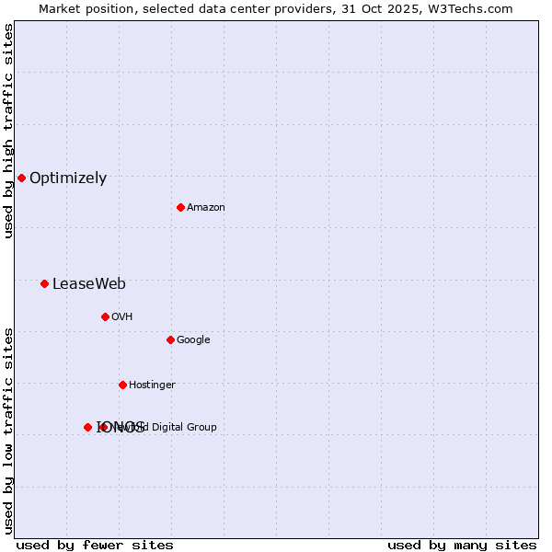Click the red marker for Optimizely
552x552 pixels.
point(21,178)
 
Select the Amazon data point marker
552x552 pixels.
point(180,207)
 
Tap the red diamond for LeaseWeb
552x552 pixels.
point(44,283)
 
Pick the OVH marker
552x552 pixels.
point(105,316)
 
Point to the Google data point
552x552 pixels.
point(170,339)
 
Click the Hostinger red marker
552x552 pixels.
point(122,385)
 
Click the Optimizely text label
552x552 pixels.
point(68,178)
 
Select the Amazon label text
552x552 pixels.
point(206,208)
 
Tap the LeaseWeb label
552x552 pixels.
point(88,284)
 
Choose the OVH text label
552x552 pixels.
point(122,317)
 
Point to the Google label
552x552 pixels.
point(193,340)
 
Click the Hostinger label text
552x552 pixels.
point(152,385)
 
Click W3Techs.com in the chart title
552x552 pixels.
point(467,9)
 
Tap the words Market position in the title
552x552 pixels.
point(83,9)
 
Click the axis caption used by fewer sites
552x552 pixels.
point(95,546)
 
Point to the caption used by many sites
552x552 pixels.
point(462,546)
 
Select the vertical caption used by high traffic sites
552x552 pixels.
point(9,131)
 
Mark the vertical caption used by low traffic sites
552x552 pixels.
point(9,430)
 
